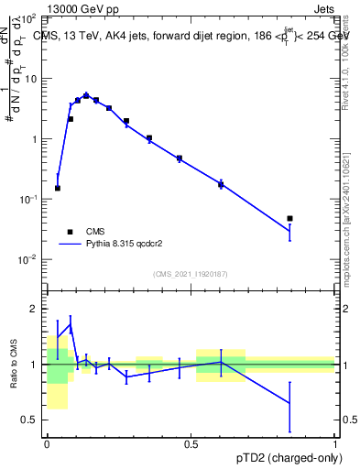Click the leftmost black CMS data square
click(58, 189)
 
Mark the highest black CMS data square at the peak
click(86, 95)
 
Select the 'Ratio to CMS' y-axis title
click(13, 364)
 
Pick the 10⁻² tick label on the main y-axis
click(28, 259)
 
